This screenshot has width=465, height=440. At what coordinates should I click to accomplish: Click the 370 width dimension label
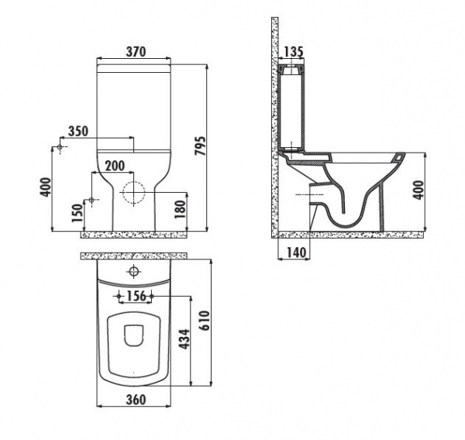136,52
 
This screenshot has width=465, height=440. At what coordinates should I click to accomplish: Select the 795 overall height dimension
200,146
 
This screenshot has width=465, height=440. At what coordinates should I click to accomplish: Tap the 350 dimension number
78,132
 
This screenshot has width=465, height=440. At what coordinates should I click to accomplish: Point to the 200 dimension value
115,166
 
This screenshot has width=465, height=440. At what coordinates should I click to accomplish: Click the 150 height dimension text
77,213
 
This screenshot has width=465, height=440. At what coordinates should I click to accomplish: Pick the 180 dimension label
180,209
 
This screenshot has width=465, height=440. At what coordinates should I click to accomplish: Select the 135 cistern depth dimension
294,52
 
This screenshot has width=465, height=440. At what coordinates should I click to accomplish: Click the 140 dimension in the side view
296,253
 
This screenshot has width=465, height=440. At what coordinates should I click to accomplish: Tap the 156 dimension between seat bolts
136,296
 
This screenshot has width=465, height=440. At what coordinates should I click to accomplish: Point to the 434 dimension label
184,339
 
